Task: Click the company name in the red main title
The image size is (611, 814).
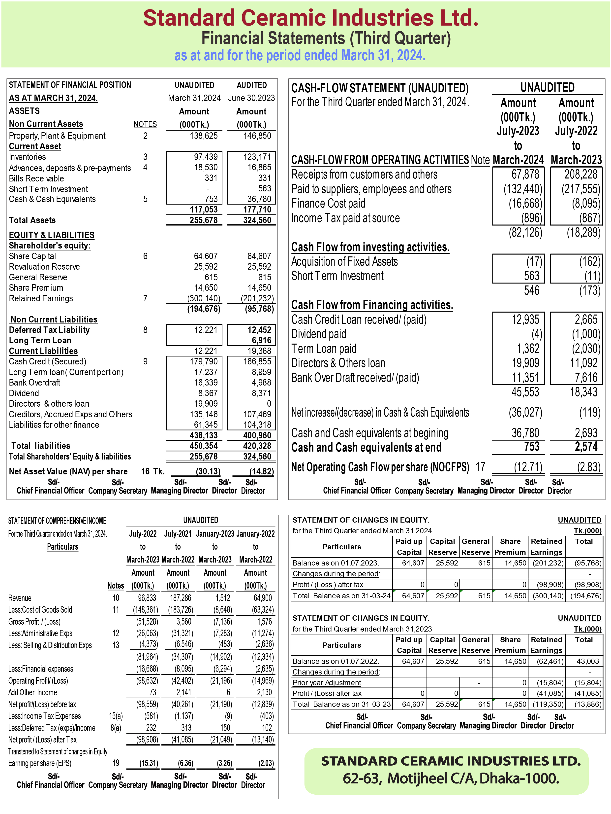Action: [311, 18]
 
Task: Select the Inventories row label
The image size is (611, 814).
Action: [28, 157]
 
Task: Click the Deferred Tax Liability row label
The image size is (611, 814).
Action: [49, 330]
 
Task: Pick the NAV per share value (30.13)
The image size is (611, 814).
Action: [208, 471]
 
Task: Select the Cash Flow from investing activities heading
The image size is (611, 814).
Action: [370, 247]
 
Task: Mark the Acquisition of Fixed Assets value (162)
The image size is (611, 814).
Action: [590, 262]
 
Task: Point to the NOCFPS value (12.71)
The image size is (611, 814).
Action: [528, 467]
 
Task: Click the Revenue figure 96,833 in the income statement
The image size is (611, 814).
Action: [147, 598]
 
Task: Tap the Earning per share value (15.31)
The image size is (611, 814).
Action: [149, 763]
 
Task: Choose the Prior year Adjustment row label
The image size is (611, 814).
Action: [327, 683]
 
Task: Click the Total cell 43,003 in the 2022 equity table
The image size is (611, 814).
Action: [587, 661]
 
